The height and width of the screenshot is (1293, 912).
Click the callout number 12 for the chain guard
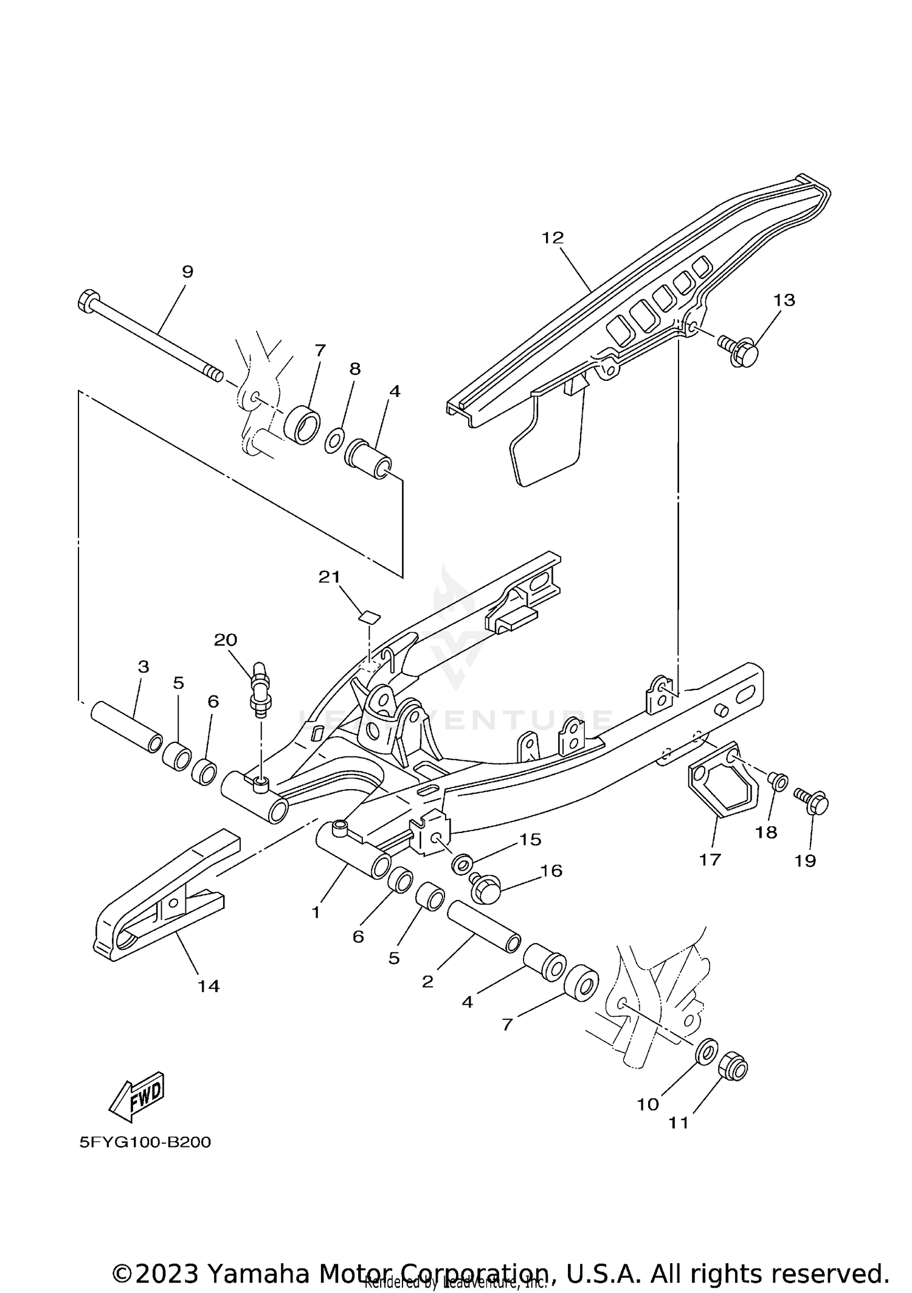tap(553, 238)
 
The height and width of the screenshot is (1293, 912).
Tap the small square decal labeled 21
tap(368, 617)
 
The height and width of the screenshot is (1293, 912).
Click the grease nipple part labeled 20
tap(259, 690)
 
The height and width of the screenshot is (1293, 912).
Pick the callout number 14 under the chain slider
tap(208, 986)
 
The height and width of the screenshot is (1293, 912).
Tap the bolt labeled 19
tap(812, 801)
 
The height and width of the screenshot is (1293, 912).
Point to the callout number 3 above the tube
tap(143, 667)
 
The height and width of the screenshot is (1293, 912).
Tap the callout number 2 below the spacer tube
tap(427, 982)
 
